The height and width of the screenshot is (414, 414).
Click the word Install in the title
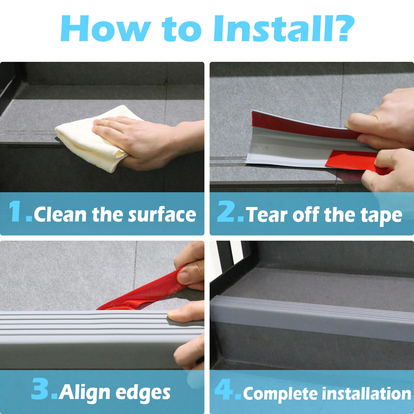click(x=272, y=28)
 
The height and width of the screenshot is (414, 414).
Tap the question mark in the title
click(x=343, y=28)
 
